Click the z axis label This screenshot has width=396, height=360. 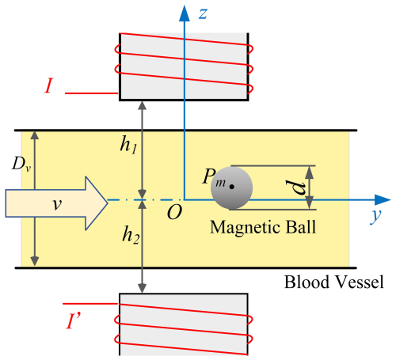[203, 13]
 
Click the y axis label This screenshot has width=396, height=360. [376, 216]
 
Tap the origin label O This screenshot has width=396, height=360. [174, 212]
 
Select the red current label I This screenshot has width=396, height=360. [48, 85]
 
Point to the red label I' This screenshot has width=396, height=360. [73, 320]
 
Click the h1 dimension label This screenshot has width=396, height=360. [129, 145]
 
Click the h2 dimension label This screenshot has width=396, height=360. [131, 235]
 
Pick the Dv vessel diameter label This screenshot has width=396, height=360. [21, 164]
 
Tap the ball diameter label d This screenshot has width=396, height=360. [295, 188]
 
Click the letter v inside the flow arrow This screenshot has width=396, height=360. [57, 204]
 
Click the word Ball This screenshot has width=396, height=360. [301, 226]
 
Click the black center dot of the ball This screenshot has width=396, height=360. [232, 187]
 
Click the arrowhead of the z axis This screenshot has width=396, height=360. [185, 13]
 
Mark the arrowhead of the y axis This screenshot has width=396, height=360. [383, 200]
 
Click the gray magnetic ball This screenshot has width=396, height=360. [232, 188]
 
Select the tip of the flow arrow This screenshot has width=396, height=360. [108, 203]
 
